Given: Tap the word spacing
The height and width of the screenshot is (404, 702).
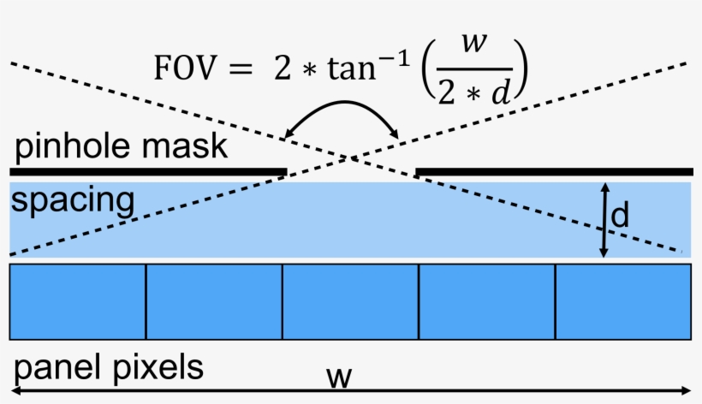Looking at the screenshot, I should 73,203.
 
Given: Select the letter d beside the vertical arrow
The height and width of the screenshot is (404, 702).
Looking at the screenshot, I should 621,217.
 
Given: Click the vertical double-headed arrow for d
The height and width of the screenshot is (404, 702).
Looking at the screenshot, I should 604,219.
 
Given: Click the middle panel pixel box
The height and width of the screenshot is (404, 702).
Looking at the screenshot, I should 350,301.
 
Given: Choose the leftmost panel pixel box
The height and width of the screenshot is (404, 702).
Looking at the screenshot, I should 78,301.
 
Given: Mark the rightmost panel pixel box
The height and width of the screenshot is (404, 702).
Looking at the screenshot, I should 623,301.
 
